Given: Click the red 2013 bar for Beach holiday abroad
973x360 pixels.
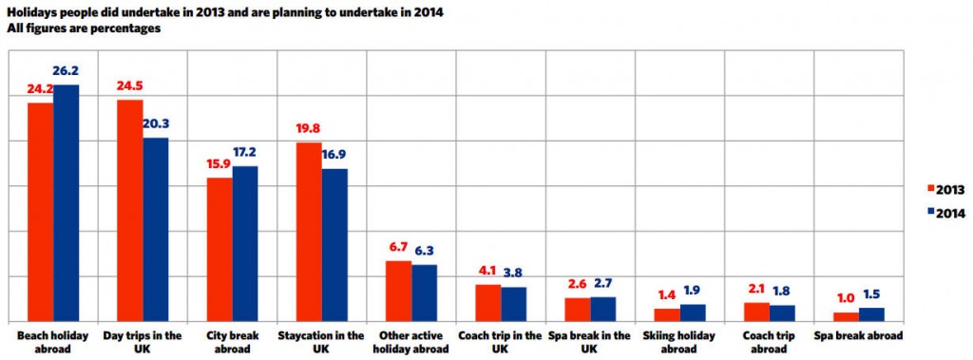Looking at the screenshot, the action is (40, 212).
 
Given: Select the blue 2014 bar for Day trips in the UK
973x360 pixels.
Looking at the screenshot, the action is (156, 230).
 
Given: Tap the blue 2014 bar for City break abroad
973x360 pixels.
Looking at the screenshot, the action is (245, 244).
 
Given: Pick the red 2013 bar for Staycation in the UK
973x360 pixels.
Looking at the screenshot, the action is (309, 232).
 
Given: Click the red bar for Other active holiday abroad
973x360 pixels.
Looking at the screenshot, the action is (398, 292).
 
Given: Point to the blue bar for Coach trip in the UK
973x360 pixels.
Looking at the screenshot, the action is (514, 305).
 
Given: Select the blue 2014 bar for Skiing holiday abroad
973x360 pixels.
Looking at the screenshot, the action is (693, 313).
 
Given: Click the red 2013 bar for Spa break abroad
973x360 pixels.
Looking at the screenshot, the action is (847, 317).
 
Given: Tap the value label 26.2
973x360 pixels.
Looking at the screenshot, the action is (67, 71).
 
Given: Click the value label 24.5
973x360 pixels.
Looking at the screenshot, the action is (129, 85).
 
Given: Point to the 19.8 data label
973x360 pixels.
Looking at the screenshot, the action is (309, 129).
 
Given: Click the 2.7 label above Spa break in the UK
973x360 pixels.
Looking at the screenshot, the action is (603, 284).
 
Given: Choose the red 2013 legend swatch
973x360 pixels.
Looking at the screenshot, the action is (930, 189).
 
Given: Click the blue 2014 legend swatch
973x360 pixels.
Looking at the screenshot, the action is (930, 212).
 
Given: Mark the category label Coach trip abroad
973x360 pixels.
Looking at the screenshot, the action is (770, 342).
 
